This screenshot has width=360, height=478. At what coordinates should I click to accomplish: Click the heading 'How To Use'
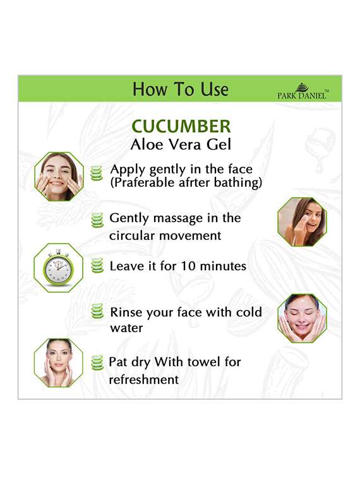[x=180, y=89]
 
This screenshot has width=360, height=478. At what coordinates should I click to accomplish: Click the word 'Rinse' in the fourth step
[x=128, y=312]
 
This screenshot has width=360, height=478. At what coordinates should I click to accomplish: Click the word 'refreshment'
[x=143, y=379]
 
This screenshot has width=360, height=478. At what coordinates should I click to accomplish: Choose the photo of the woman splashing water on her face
[x=302, y=318]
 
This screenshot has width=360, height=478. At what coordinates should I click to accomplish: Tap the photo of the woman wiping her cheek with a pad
[x=302, y=222]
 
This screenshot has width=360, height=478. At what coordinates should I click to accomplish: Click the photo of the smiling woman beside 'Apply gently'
[x=59, y=176]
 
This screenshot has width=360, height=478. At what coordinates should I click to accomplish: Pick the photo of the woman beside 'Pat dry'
[x=58, y=362]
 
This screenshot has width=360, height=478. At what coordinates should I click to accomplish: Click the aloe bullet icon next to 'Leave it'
[x=97, y=266]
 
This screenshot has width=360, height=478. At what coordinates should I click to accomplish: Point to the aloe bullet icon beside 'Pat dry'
[x=97, y=362]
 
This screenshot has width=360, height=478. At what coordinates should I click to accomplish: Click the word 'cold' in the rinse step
[x=249, y=312]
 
